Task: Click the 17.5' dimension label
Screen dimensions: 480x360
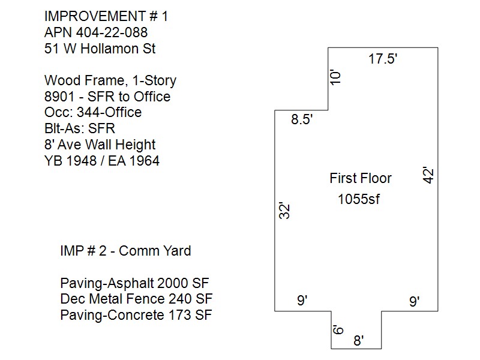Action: tap(383, 58)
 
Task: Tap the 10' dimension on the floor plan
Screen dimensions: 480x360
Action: tap(336, 78)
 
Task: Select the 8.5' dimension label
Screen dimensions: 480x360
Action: tap(302, 119)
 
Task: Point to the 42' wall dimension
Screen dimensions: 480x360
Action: tap(428, 175)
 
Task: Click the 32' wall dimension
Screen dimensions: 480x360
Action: tap(284, 211)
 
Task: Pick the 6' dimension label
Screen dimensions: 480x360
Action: tap(338, 329)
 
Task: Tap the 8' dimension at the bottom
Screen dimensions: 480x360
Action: tap(358, 340)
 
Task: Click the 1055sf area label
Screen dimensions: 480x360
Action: tap(358, 199)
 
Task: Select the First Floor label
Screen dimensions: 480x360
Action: tap(361, 178)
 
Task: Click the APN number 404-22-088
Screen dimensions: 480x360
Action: tap(112, 32)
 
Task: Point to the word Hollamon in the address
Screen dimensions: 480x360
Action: tap(109, 49)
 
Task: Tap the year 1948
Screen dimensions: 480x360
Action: tap(82, 161)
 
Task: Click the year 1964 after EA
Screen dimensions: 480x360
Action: tap(144, 161)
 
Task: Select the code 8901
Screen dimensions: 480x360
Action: tap(59, 97)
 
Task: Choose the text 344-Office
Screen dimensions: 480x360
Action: tap(109, 113)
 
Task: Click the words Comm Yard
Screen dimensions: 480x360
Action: tap(155, 251)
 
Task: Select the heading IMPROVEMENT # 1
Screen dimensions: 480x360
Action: tap(106, 17)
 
